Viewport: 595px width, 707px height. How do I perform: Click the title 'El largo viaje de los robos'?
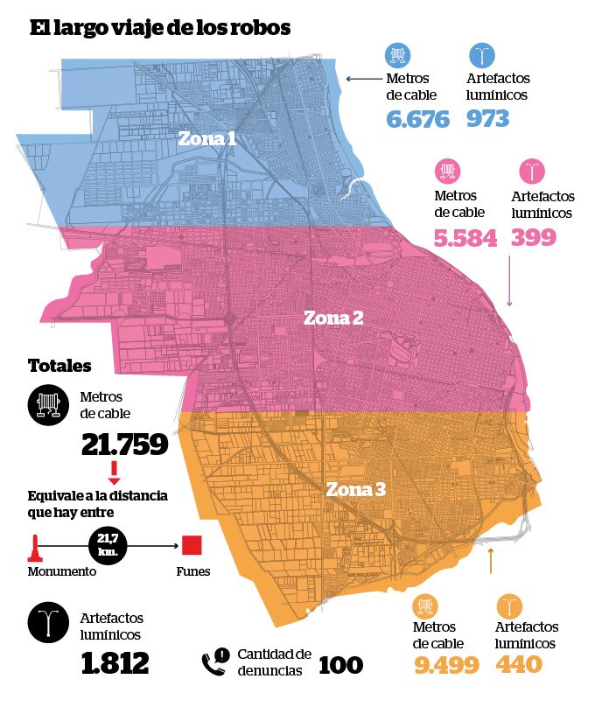[160, 28]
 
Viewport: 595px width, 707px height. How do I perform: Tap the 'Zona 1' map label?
[206, 138]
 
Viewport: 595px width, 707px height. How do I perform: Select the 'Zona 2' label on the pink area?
[333, 318]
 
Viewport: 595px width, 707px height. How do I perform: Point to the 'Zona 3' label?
[355, 489]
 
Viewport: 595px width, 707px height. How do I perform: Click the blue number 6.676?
[418, 119]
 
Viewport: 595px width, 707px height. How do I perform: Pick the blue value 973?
[487, 119]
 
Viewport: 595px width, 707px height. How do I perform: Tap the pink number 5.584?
[465, 238]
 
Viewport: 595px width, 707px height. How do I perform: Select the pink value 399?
[534, 237]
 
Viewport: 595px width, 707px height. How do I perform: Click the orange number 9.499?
[446, 665]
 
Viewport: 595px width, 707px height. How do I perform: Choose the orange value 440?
[519, 664]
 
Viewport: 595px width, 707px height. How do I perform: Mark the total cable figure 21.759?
[125, 444]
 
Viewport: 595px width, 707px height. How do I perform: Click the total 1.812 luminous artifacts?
[115, 663]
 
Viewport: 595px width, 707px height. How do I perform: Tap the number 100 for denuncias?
[340, 665]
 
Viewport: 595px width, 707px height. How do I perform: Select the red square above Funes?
[192, 545]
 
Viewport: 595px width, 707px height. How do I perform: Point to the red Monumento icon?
[34, 548]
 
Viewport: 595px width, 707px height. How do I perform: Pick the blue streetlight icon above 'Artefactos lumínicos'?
[482, 55]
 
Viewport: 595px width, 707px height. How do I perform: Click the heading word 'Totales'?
[59, 366]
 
